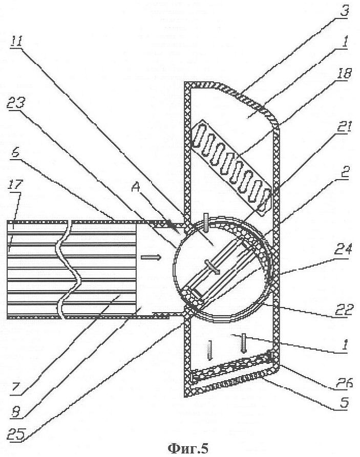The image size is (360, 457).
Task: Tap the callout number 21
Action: coord(344,129)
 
